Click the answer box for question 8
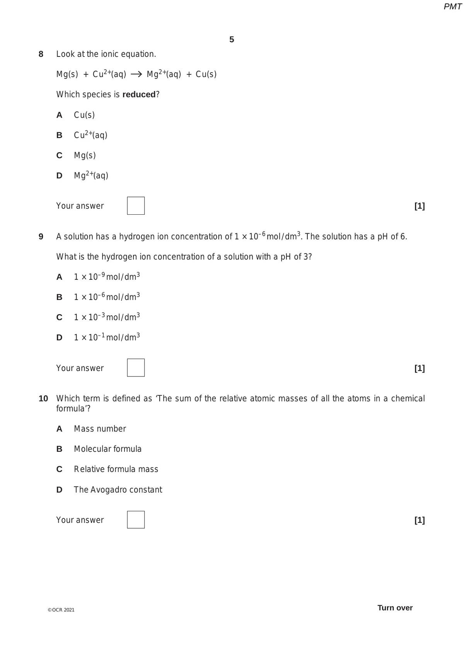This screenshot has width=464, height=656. pos(136,206)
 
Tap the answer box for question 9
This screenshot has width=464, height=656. pos(136,368)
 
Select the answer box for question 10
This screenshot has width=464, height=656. pos(136,520)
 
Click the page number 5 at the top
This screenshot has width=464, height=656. pos(232,39)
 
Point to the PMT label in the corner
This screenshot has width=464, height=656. pos(452,7)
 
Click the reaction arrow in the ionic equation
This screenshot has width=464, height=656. pos(136,74)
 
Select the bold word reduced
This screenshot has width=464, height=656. pos(139,94)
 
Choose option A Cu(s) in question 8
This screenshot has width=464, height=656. pos(84,115)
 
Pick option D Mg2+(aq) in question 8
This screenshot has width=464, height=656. pos(91,175)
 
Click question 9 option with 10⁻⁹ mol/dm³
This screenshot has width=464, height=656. pos(107,277)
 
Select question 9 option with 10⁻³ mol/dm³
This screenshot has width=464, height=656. pos(107,317)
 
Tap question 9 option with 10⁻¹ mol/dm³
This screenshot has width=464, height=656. pos(107,337)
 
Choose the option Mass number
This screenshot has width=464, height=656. pos(100,429)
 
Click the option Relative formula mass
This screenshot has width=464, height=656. pos(116,469)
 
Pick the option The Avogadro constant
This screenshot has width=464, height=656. pos(118,490)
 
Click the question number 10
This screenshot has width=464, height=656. pos(43,398)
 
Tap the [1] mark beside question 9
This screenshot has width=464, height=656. pos(420,368)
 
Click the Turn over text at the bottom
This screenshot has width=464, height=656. pos(395,608)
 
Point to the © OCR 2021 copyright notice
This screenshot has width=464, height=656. pos(61,610)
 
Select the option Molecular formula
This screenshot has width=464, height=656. pos(107,449)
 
